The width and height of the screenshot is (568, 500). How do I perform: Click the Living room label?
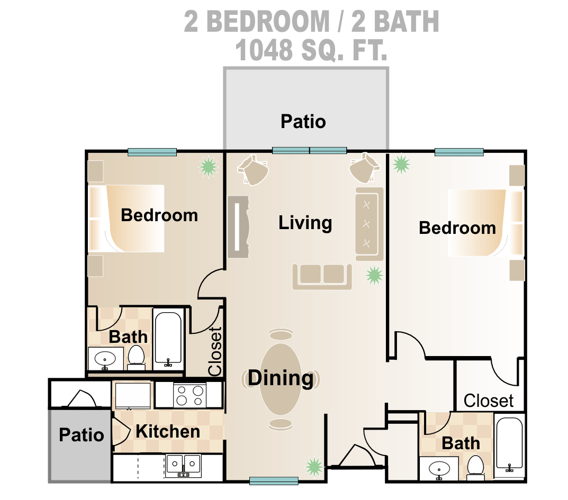tap(305, 223)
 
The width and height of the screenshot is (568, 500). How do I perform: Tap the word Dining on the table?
tap(281, 378)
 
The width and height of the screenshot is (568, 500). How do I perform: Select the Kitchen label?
tap(168, 432)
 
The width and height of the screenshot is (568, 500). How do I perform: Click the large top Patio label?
tap(303, 121)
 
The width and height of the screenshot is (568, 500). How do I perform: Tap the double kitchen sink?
tap(183, 466)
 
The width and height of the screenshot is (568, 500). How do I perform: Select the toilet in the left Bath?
tap(136, 358)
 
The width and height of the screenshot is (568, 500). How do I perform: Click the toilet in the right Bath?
tap(475, 468)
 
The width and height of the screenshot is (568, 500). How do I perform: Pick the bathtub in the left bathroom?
tap(168, 338)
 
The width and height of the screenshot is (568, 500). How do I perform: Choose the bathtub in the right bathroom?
tap(509, 443)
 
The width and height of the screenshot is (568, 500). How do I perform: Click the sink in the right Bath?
tap(439, 469)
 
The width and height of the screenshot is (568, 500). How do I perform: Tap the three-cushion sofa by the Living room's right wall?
tap(369, 224)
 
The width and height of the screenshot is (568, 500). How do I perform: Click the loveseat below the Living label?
tap(322, 277)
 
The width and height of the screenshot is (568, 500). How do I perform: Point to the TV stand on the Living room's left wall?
tap(238, 227)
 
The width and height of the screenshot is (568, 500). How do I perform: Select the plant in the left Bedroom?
tap(209, 167)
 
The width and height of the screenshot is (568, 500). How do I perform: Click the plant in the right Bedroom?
tap(401, 164)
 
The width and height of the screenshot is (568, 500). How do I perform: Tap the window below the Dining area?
tap(274, 481)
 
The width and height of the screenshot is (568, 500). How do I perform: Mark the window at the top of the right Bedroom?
tap(459, 152)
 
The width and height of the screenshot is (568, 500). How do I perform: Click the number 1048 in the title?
tap(264, 50)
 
